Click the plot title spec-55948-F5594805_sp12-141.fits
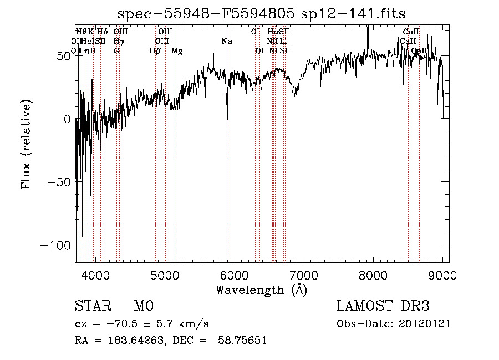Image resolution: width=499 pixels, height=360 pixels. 261,14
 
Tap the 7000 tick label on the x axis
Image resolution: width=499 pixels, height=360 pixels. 303,274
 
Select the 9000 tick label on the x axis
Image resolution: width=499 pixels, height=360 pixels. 442,274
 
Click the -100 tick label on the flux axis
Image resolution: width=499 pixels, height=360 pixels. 53,245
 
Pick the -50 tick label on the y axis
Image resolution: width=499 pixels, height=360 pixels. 57,182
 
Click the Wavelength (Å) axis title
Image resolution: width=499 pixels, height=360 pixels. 261,290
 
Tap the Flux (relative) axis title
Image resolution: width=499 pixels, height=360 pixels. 26,144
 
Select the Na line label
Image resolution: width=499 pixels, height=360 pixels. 227,41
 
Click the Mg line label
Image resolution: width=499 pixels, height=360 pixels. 177,51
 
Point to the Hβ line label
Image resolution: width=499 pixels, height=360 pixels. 155,51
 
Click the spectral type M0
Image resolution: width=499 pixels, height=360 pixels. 143,306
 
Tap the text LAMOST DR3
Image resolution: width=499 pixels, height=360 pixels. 383,306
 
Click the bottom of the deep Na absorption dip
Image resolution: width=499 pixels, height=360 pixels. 227,119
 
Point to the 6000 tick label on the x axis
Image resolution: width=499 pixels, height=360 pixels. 234,274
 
